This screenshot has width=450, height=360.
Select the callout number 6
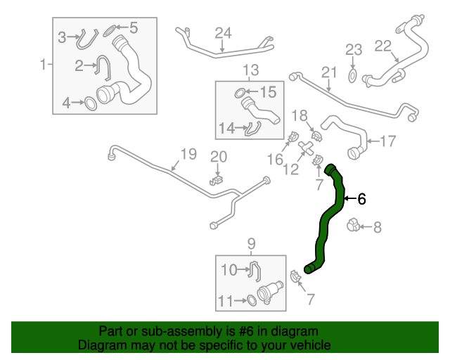point(361,199)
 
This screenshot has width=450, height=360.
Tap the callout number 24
point(223,33)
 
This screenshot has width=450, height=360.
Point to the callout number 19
point(187,153)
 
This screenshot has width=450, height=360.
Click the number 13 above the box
point(251,70)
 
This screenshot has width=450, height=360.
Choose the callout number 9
point(251,244)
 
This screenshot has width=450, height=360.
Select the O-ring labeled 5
point(109,30)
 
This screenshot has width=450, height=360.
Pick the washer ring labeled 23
point(353,73)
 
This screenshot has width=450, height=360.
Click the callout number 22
point(382,46)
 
